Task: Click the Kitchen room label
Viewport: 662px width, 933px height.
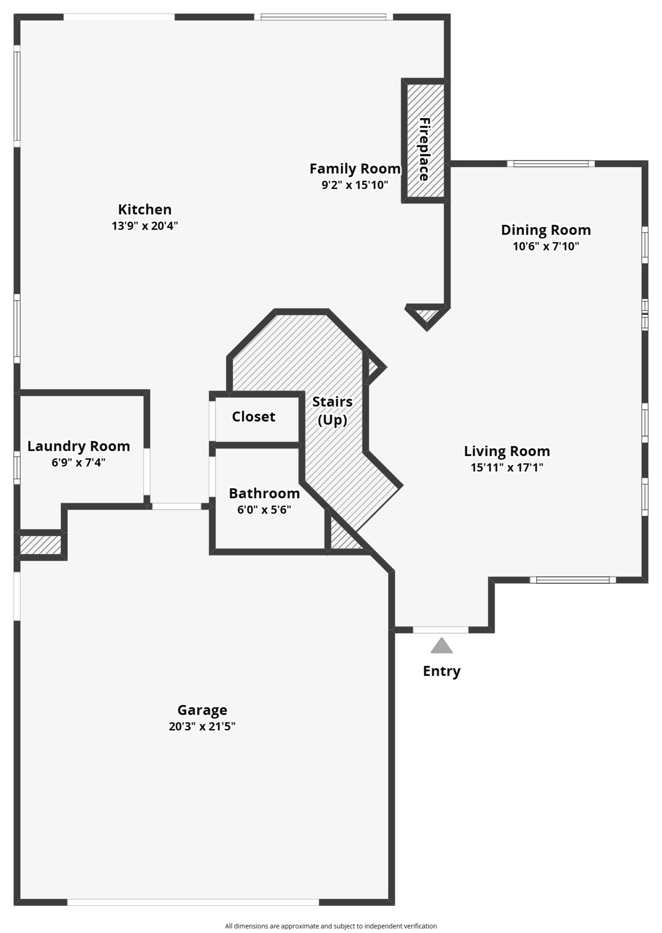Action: coord(144,209)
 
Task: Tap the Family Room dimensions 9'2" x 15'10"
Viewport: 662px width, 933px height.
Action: coord(355,185)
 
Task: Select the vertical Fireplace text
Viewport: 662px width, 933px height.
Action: coord(424,149)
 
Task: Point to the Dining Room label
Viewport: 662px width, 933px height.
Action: coord(546,230)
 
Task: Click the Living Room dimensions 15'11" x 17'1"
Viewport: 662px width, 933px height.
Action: coord(506,468)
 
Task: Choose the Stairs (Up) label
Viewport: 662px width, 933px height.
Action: coord(332,411)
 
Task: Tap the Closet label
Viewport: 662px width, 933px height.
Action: coord(253,416)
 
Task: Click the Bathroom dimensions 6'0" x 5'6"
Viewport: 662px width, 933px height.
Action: coord(264,510)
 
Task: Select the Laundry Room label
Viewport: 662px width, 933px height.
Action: coord(79,446)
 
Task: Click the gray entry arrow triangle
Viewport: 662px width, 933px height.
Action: coord(441,646)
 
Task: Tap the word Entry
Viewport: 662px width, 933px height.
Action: coord(441,671)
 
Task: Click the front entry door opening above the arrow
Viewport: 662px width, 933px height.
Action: coord(441,630)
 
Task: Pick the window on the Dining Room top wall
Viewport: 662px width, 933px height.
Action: coord(551,164)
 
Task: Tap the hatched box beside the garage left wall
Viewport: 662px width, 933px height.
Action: coord(41,545)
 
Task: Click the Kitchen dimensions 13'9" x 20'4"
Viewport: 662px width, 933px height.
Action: coord(144,226)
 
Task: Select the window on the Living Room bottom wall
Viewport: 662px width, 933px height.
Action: coord(573,580)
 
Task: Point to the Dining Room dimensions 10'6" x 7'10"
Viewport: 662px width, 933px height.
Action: coord(546,247)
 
